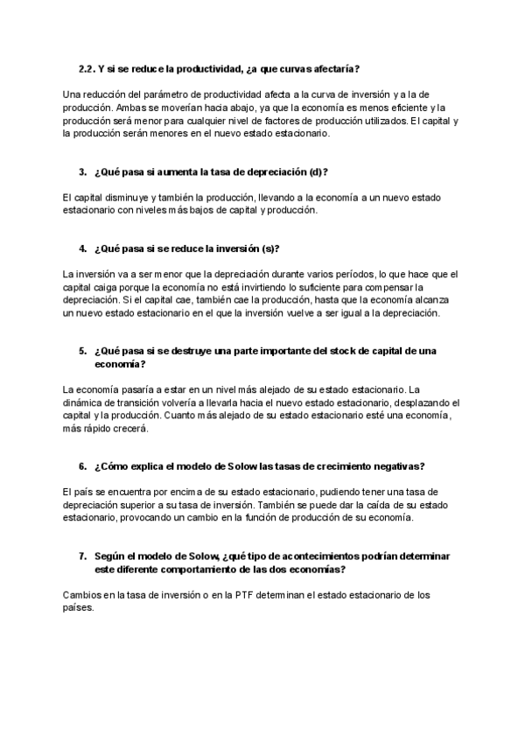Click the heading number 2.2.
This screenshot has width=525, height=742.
coord(87,67)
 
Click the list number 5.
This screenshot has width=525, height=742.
coord(82,351)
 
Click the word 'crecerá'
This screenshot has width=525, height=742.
coord(132,429)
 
